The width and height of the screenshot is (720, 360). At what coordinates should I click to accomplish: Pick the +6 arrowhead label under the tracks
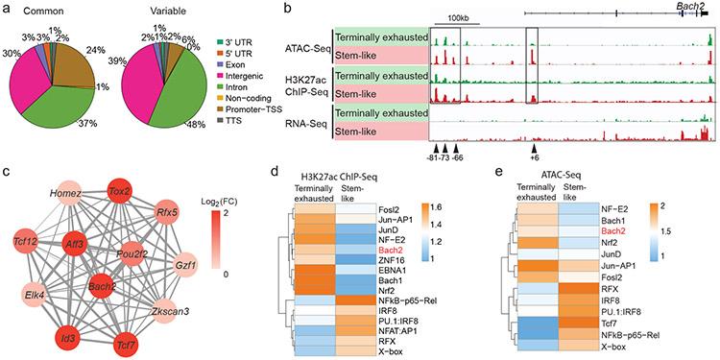533,161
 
